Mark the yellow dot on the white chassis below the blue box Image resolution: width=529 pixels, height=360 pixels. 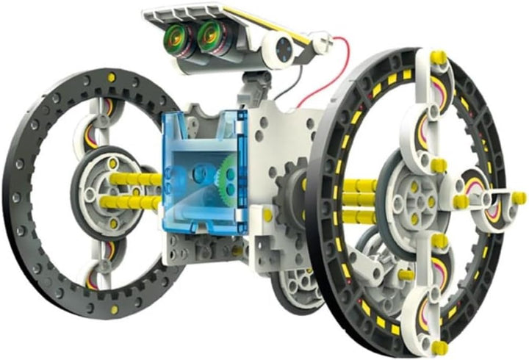(x=267, y=216)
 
